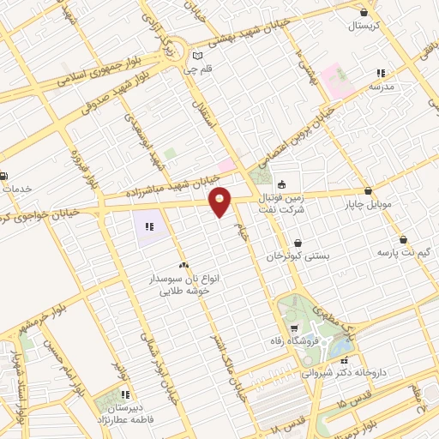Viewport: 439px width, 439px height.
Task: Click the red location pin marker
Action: pos(221,202)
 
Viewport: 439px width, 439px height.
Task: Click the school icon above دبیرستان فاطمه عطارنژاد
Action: pos(125,395)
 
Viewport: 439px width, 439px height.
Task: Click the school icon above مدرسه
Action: pos(381,73)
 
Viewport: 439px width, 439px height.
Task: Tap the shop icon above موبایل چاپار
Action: pos(368,191)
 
